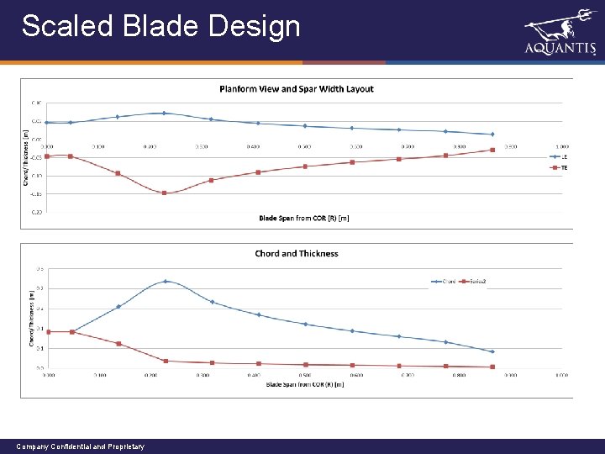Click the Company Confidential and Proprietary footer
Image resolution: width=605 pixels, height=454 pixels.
click(x=81, y=446)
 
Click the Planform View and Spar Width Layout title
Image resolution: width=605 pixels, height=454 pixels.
click(x=297, y=88)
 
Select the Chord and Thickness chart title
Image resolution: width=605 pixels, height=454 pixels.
click(x=297, y=253)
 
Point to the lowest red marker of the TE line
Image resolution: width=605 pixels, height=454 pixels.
click(x=165, y=193)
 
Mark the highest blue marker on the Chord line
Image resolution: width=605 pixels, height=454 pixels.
click(x=166, y=281)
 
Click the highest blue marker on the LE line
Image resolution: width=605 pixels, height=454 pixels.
click(x=165, y=113)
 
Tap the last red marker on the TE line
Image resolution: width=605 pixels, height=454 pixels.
click(x=492, y=150)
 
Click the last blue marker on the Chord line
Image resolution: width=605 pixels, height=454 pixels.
click(x=492, y=351)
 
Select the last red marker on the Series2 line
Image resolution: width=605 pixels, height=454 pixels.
click(x=492, y=367)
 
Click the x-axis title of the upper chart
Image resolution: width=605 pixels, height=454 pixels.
click(x=304, y=219)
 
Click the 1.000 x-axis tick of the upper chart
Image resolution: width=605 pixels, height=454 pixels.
click(x=561, y=146)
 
